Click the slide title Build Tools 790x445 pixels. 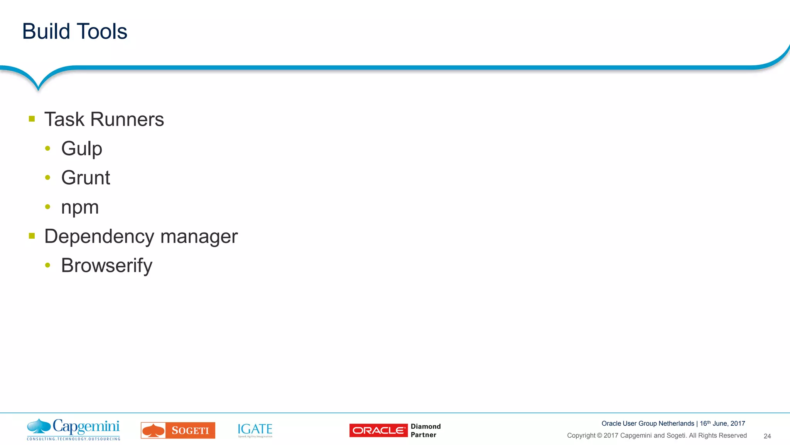pos(74,31)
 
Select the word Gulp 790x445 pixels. pos(81,149)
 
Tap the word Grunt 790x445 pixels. pos(86,178)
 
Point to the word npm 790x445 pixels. pos(80,207)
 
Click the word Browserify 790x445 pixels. pos(106,265)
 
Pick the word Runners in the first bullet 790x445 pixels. pos(127,119)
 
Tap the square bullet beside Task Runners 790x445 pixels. pos(32,119)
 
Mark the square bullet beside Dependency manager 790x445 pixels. pos(32,236)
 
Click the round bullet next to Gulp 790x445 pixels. pos(48,148)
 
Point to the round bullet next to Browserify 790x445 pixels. pos(48,265)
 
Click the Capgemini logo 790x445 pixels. pos(73,429)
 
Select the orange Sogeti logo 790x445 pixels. pos(178,430)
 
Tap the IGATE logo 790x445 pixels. pos(255,430)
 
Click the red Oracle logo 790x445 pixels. pos(378,430)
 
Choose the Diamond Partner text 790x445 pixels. pos(425,430)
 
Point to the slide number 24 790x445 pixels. pos(767,436)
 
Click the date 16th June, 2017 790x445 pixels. pos(722,423)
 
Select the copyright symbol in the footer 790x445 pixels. pos(599,436)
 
